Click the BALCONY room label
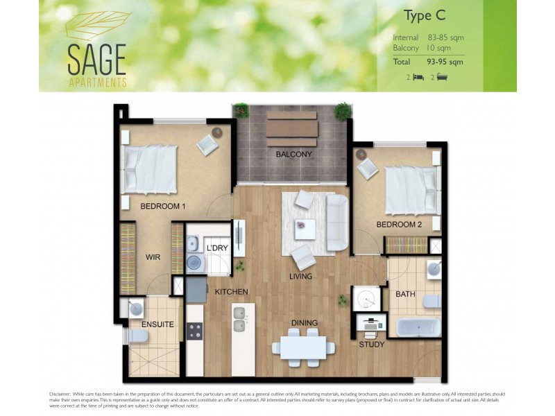coord(293,154)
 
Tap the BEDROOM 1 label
coord(163,206)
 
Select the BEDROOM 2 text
coord(399,225)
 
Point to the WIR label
coord(153,257)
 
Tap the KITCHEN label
coord(231,292)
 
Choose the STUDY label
coord(371,345)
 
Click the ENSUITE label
coord(157,324)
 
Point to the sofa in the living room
coord(337,223)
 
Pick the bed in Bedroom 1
coord(150,168)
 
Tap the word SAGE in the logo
coord(96,60)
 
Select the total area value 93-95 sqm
coord(446,62)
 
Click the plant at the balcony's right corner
coord(342,110)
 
